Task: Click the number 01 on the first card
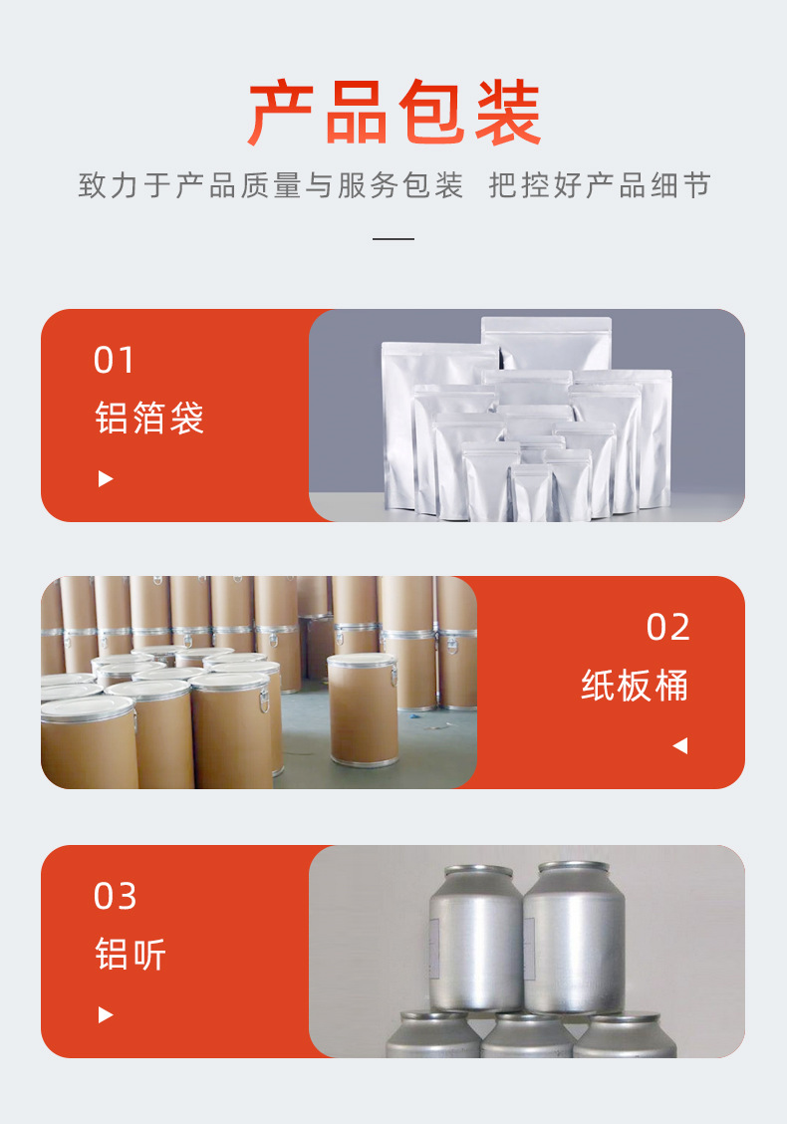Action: (114, 360)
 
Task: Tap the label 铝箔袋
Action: (149, 418)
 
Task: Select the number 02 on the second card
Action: (667, 627)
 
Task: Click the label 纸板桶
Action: (635, 686)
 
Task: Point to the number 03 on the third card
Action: (115, 896)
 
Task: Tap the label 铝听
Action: (131, 954)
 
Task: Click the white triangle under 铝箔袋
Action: (106, 479)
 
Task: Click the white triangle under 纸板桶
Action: (679, 745)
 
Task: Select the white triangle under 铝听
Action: (106, 1015)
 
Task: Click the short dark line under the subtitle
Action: (393, 239)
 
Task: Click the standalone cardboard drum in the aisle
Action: (363, 712)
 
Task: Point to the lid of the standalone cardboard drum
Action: (363, 662)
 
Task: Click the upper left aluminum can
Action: (475, 937)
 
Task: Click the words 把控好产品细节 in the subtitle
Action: (600, 185)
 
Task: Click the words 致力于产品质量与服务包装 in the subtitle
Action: (271, 185)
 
